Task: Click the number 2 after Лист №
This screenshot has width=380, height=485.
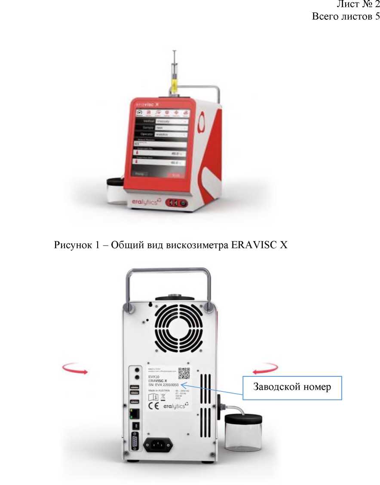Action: (x=377, y=5)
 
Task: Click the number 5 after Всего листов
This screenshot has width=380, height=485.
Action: (x=377, y=17)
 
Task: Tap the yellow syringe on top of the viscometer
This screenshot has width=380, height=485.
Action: (x=174, y=81)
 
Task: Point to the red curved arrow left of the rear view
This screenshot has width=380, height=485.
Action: (x=75, y=368)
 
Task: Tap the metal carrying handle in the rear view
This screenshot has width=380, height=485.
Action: (x=168, y=274)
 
